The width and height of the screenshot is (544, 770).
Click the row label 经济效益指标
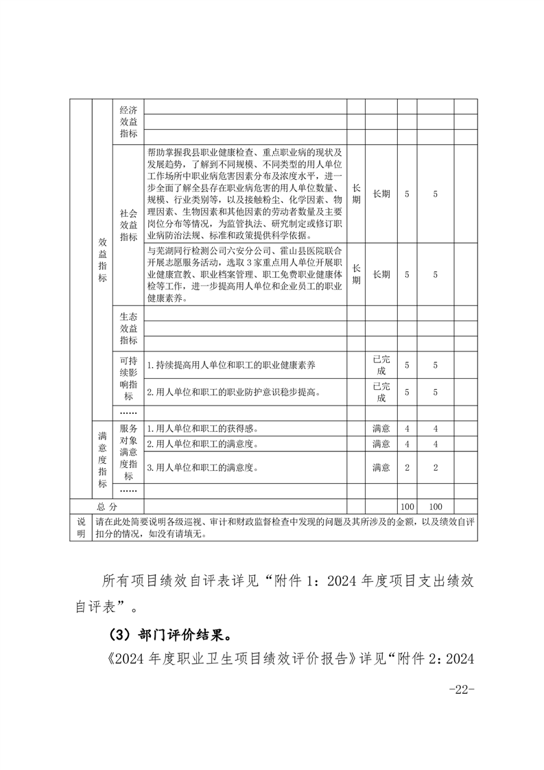[x=128, y=121]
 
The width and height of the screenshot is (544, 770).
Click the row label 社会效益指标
[x=128, y=225]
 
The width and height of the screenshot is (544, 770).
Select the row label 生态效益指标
[x=128, y=329]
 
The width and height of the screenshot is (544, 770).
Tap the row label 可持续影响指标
[x=128, y=378]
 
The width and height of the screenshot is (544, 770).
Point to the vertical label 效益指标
[x=103, y=260]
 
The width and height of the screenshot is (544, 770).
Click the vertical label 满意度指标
[x=103, y=459]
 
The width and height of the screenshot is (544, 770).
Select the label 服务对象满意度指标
[x=128, y=452]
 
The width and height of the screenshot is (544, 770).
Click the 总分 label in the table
[x=107, y=505]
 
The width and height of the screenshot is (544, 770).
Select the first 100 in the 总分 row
[x=407, y=505]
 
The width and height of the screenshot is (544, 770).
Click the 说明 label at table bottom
[x=82, y=527]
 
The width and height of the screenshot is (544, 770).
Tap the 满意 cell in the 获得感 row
[x=381, y=428]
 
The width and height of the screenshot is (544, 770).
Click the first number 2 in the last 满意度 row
[x=407, y=467]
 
